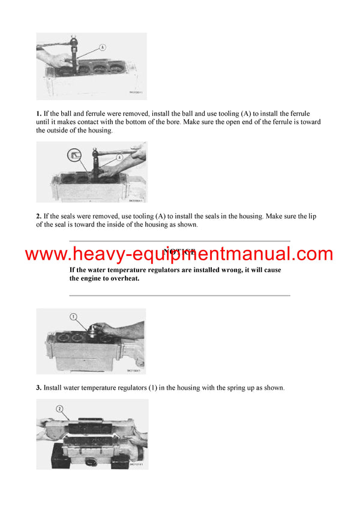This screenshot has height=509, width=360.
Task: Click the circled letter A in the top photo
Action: click(x=102, y=47)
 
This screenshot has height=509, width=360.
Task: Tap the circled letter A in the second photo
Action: click(x=119, y=156)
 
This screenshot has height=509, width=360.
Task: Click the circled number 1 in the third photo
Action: click(x=74, y=316)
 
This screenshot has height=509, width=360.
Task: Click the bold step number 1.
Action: click(x=38, y=113)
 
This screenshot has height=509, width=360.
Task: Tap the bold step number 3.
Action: click(x=38, y=388)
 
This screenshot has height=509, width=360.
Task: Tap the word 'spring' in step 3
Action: click(x=225, y=388)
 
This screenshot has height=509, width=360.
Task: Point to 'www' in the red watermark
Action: click(x=44, y=254)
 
